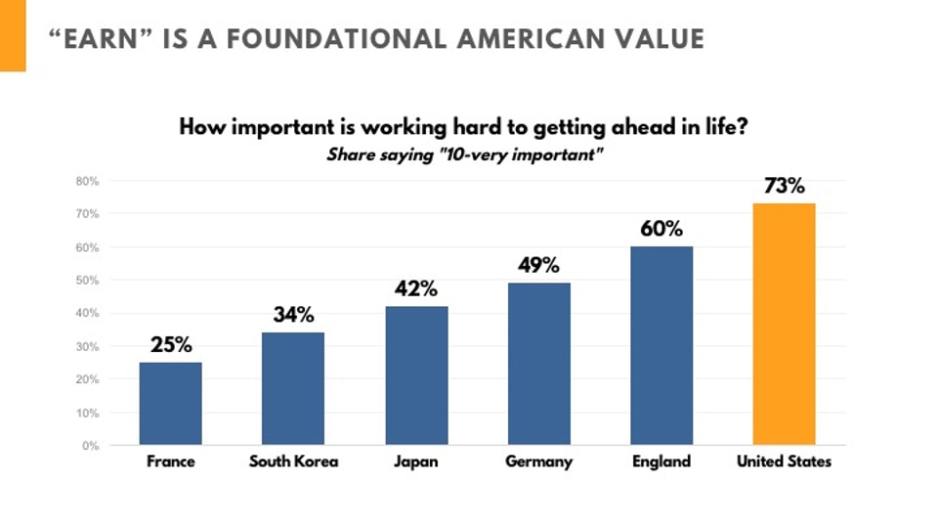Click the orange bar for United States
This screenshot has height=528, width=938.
coord(784,324)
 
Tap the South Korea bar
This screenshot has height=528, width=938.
coord(293,388)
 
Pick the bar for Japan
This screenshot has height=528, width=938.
coord(416,375)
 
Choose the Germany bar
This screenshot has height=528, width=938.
coord(538,364)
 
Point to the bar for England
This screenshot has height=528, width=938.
coord(661,345)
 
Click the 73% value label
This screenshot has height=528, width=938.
coord(784,186)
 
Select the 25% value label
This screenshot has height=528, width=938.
coord(171,344)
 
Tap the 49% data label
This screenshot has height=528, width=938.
coord(538,264)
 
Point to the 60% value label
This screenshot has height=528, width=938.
coord(661,228)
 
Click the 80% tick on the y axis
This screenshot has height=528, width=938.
coord(88,181)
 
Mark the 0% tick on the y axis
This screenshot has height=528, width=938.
coord(91,446)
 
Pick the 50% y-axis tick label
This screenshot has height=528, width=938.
coord(88,281)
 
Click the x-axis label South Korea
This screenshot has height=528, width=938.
coord(293,462)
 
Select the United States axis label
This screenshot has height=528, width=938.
coord(784,462)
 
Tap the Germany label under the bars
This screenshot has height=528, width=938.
coord(538,462)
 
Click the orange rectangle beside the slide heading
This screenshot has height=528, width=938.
coord(13,35)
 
